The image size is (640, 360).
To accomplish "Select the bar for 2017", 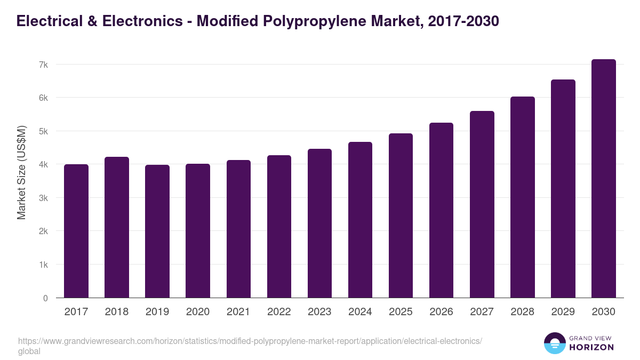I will pos(76,231).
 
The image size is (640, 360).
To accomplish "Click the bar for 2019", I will pos(157,231).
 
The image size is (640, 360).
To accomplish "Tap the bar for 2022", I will pos(279,227).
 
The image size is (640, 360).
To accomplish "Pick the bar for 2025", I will pos(401,215).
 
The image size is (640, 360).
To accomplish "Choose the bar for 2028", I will pos(523,197).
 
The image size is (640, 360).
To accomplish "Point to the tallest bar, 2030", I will pos(604,179).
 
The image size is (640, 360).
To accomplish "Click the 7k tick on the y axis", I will pos(43,65).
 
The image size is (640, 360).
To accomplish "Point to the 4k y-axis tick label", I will pos(43,165).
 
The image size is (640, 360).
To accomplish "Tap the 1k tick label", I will pos(43,265).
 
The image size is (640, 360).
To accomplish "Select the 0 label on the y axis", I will pos(46,298).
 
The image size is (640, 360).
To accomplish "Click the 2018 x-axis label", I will pos(117,312).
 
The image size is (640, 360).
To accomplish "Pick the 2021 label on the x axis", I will pos(238,312).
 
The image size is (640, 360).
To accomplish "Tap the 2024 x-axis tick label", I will pos(360,312).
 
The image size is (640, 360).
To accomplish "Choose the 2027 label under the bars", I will pos(482,312).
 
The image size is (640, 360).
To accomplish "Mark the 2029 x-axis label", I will pos(563,312).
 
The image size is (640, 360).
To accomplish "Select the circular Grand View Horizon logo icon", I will pos(555,343).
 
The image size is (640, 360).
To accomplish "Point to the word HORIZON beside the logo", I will pos(592,347).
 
